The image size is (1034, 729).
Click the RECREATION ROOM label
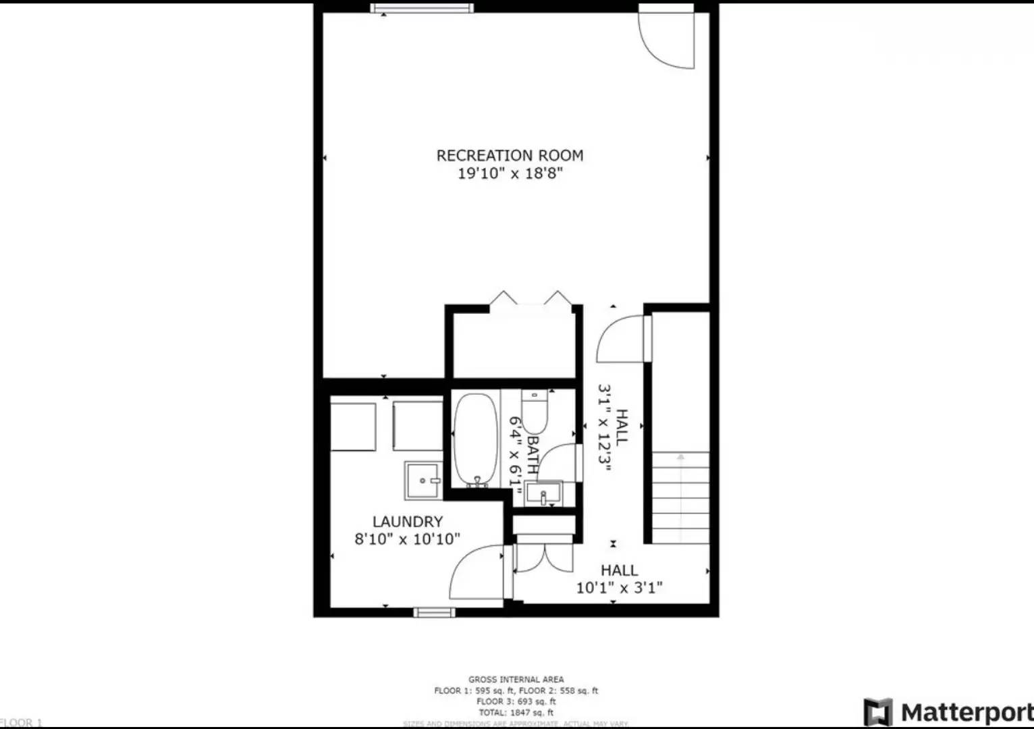click(x=510, y=155)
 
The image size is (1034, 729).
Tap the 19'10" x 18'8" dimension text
click(x=510, y=173)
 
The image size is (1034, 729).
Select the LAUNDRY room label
click(x=408, y=522)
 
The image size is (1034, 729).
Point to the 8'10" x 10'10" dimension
click(x=408, y=539)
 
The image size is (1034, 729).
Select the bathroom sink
click(x=543, y=493)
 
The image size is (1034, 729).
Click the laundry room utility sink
click(x=423, y=480)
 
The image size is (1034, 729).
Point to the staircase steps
click(x=680, y=496)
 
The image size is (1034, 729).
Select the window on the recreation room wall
click(x=422, y=8)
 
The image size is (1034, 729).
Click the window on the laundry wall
click(x=434, y=612)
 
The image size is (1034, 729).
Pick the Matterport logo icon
click(x=877, y=712)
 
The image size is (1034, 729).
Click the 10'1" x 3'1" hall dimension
click(x=619, y=588)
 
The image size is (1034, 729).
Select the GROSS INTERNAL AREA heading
click(x=516, y=680)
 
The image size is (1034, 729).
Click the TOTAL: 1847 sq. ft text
click(x=516, y=712)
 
